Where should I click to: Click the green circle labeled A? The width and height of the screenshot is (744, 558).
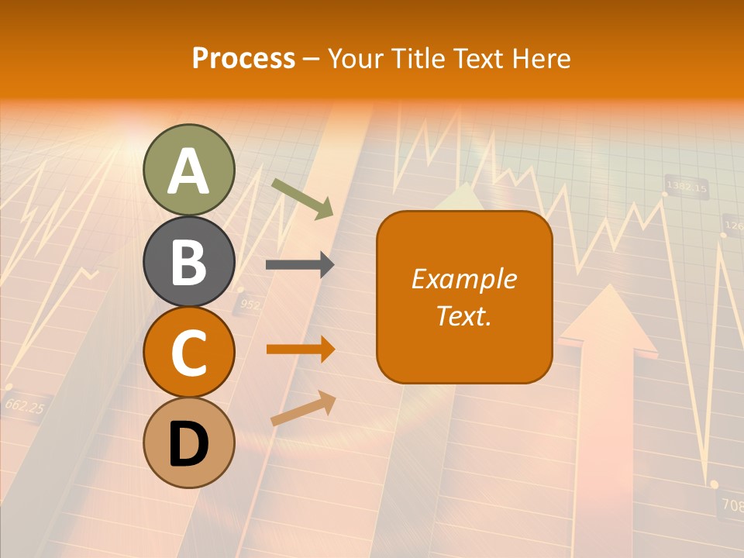[189, 170]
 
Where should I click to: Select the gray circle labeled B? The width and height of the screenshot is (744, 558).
[189, 261]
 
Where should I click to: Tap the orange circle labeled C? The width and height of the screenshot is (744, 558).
[189, 353]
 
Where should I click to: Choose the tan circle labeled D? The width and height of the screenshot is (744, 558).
[189, 443]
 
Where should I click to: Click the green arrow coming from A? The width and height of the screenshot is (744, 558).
[302, 198]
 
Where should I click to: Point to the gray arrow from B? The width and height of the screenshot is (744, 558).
[300, 265]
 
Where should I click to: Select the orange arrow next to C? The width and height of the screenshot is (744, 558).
[300, 350]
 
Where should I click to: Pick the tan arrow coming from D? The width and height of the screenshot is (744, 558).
[303, 408]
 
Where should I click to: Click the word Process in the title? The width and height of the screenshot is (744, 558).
[243, 58]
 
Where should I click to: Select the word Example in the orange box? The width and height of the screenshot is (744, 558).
[464, 279]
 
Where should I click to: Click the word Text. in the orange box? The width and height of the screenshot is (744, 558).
[464, 315]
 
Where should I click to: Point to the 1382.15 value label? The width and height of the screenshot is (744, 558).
[687, 187]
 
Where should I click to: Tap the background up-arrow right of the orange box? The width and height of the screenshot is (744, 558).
[608, 325]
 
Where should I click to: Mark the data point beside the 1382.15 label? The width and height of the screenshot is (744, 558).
[664, 194]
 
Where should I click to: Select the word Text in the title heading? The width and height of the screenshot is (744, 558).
[477, 58]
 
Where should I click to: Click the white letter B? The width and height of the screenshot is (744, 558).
[189, 262]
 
